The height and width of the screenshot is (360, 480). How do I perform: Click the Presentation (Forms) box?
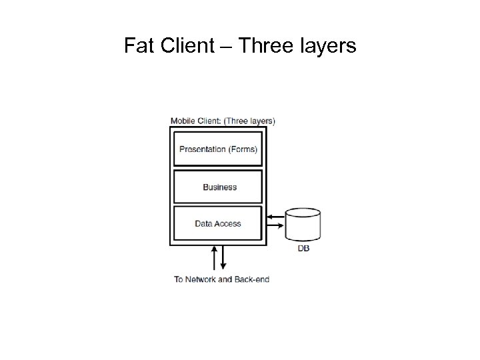pyautogui.click(x=218, y=149)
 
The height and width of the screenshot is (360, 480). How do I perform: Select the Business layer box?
pyautogui.click(x=218, y=187)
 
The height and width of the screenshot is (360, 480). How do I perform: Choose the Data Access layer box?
pyautogui.click(x=218, y=223)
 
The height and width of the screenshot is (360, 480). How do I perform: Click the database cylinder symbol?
pyautogui.click(x=303, y=225)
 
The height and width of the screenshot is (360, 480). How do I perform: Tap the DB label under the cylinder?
pyautogui.click(x=303, y=249)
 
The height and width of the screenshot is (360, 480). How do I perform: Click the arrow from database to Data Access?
pyautogui.click(x=275, y=217)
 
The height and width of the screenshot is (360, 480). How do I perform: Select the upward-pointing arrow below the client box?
pyautogui.click(x=214, y=257)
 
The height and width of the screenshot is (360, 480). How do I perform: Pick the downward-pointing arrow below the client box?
pyautogui.click(x=223, y=257)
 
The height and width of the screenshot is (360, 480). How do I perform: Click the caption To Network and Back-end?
pyautogui.click(x=221, y=279)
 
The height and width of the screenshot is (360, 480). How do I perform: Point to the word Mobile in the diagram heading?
pyautogui.click(x=183, y=121)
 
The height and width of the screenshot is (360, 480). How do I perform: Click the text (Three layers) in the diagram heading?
pyautogui.click(x=249, y=121)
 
